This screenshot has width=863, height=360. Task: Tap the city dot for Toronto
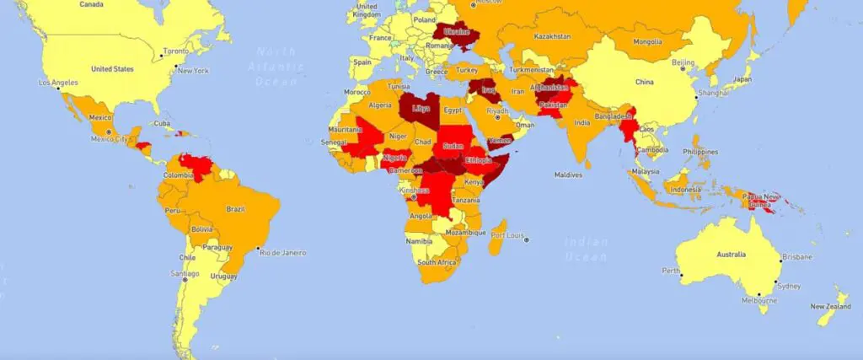click(163, 56)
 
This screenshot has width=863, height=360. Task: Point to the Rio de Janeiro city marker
click(258, 249)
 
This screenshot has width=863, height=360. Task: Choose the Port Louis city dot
click(527, 239)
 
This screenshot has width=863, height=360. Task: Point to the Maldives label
click(568, 175)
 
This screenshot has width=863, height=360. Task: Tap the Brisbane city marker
click(780, 261)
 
